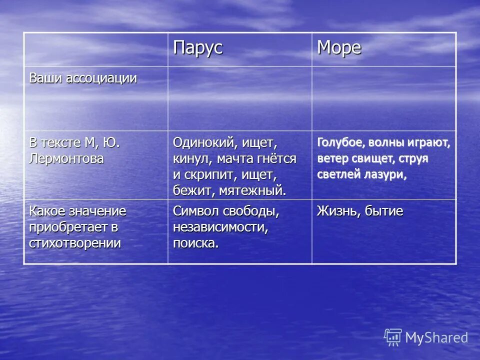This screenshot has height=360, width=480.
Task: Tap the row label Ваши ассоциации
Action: click(83, 78)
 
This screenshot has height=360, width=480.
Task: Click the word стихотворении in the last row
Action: click(75, 243)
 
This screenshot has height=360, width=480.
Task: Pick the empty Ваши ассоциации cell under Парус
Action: click(239, 98)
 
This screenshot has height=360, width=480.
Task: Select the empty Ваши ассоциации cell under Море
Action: click(384, 98)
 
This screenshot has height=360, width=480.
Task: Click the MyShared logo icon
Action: click(393, 337)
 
